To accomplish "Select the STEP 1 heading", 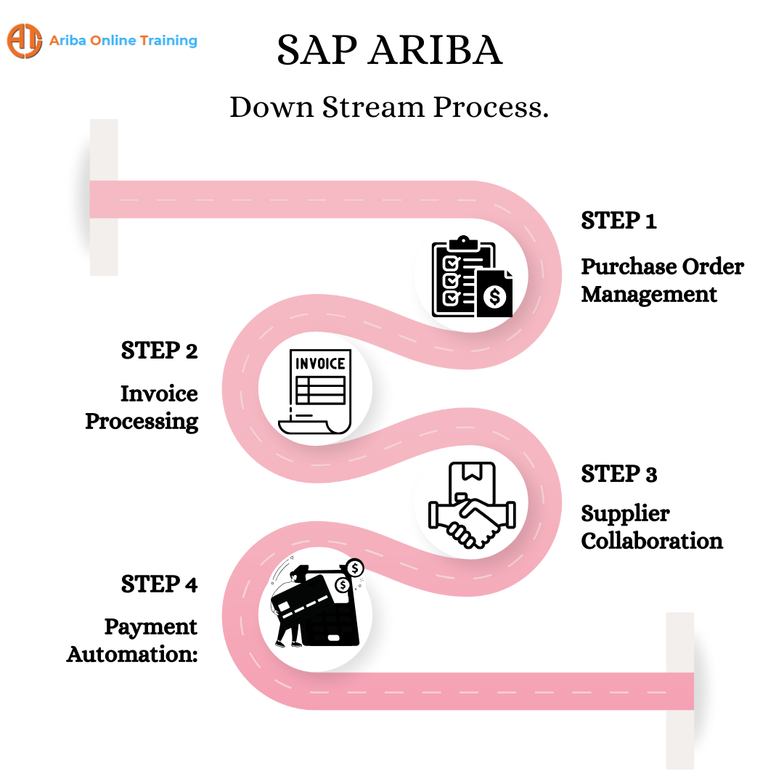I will pos(618,221).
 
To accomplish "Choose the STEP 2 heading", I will pos(159,351).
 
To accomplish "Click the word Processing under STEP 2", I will pos(142,422).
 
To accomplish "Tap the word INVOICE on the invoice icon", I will pos(319,363).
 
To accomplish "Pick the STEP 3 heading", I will pos(618,475).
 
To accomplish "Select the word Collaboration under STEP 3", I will pos(652,542).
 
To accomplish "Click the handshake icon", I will pos(471,512).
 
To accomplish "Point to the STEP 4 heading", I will pos(159,584).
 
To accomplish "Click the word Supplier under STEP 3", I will pos(625,514).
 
